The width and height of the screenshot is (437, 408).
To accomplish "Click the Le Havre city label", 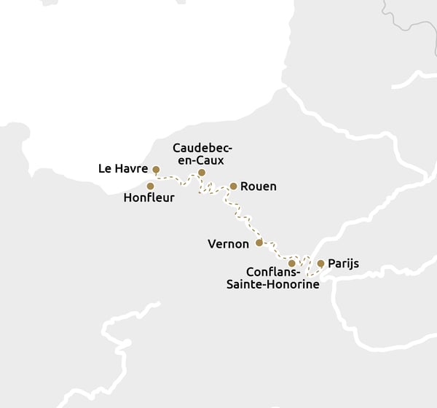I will tap(123, 169).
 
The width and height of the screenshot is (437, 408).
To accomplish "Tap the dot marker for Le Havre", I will tap(156, 170).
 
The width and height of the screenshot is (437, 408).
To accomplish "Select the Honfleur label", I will tap(149, 197).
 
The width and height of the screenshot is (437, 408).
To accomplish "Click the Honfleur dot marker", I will tap(151, 186).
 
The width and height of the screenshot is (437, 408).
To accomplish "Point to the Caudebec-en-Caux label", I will tap(198, 154).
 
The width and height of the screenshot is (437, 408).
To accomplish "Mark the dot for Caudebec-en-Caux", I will tap(202, 173).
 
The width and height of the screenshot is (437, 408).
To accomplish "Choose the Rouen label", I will tap(258, 187).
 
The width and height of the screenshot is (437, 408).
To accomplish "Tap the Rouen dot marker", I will tap(233, 187).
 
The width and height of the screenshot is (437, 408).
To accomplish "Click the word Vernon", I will tap(228, 243).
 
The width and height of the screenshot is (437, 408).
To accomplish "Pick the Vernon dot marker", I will tap(259, 243).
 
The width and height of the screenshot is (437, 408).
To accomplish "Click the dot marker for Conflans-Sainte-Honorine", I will tap(292, 263).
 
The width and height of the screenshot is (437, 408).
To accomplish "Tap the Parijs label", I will tap(343, 264).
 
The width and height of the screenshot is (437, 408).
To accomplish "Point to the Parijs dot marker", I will tap(320, 264).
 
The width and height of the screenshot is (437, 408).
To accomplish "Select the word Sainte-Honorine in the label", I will tap(272, 285).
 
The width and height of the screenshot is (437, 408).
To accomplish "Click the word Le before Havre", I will tap(104, 169).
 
